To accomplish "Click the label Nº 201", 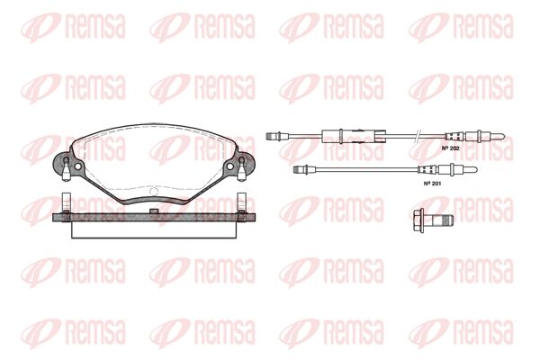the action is point(432,184).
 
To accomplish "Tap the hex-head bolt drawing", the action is point(433,220).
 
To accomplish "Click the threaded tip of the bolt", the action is point(446,220).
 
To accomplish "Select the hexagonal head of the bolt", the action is point(418,220).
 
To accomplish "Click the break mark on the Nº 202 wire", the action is point(417,136).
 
